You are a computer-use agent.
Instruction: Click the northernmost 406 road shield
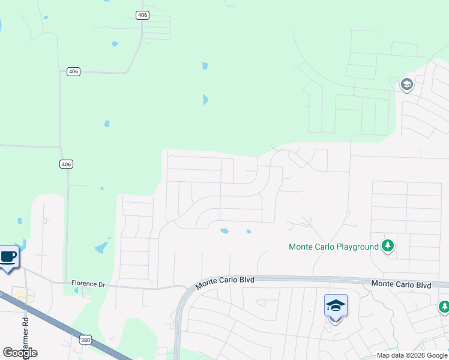click(142, 15)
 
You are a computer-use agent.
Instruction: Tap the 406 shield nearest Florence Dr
click(67, 164)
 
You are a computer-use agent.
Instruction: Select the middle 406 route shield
click(73, 71)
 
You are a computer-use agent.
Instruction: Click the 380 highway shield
click(85, 340)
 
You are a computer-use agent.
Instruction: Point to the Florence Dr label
click(88, 283)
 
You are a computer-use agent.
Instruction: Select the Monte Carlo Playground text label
click(333, 247)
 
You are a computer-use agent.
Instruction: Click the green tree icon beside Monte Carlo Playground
click(388, 245)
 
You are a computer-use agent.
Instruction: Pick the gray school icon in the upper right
click(406, 84)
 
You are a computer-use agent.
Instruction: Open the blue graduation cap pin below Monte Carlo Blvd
click(336, 306)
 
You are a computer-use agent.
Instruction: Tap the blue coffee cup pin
click(8, 257)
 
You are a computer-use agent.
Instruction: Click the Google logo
click(20, 353)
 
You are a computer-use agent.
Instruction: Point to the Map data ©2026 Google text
click(412, 355)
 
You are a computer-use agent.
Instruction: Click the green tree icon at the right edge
click(444, 307)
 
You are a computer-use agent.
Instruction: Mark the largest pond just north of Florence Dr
click(101, 247)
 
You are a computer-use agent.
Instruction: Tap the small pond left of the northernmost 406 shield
click(114, 44)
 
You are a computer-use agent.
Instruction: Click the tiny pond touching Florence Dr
click(76, 290)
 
